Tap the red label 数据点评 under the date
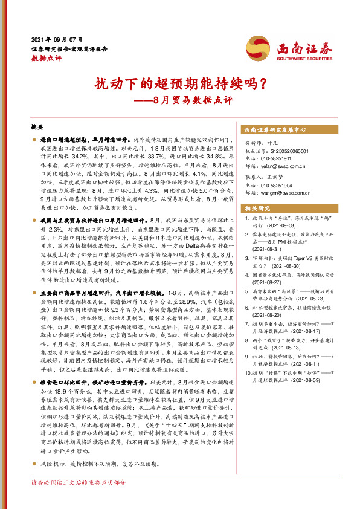click(x=46, y=58)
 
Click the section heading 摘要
click(x=37, y=128)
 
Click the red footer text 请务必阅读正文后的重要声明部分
click(x=79, y=500)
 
